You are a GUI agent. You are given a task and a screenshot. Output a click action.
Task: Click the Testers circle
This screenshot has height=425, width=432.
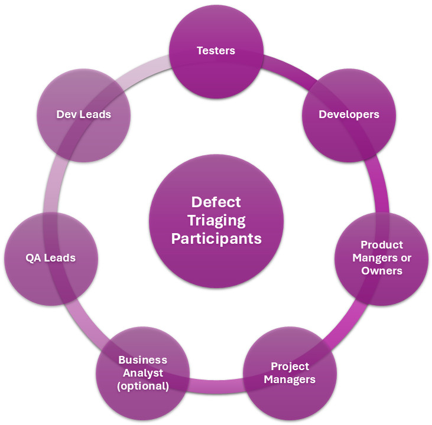coord(216,50)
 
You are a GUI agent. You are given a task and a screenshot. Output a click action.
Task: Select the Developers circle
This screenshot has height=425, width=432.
coord(349,115)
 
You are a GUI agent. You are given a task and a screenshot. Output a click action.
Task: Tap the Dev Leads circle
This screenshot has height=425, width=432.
coord(83,115)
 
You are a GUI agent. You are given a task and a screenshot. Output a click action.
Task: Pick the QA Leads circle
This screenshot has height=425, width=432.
coord(50,258)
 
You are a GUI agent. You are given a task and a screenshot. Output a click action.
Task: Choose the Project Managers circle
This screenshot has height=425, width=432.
coord(290,372)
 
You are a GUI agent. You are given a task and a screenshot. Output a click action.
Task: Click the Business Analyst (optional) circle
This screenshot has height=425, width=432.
coord(142,373)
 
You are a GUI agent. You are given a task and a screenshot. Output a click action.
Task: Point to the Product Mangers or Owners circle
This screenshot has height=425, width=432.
coord(381,258)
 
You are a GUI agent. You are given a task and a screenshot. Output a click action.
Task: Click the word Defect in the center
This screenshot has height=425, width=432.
coord(216,202)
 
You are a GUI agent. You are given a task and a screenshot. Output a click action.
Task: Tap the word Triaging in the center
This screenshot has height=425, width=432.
coord(216,220)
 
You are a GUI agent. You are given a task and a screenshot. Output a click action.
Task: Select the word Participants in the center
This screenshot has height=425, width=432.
coord(216,239)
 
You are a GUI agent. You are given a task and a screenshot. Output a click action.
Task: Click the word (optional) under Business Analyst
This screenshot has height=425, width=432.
coord(142,387)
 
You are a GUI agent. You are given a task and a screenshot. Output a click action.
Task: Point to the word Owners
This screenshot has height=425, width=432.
coord(382,271)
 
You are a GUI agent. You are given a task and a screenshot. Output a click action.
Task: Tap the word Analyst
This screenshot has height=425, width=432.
coord(142,373)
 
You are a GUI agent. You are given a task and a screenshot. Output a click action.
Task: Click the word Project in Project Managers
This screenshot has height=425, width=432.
coord(290,366)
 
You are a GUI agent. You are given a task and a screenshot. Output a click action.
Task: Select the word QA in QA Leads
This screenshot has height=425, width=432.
coord(33,258)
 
